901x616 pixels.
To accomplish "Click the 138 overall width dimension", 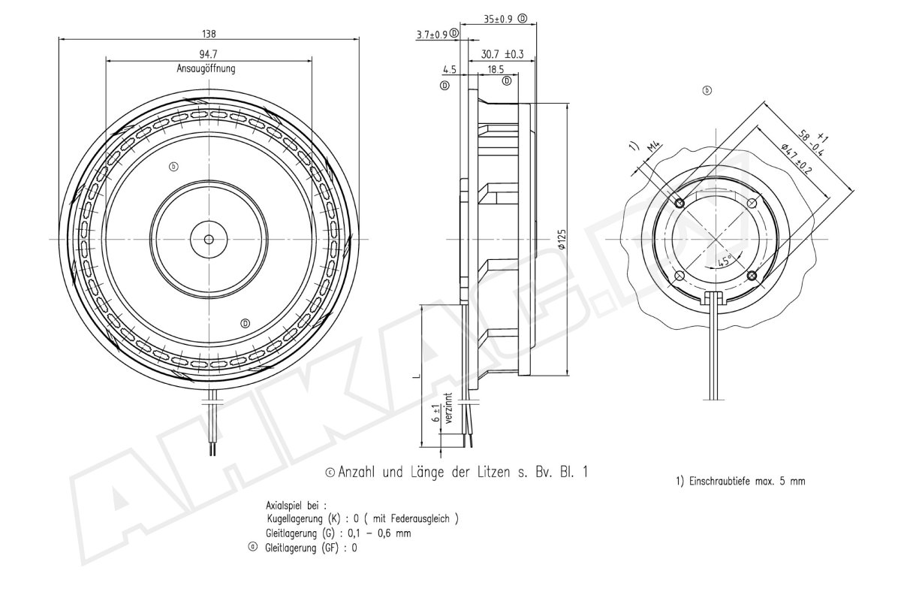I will click(x=209, y=34).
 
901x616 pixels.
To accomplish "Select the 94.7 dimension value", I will click(x=209, y=55).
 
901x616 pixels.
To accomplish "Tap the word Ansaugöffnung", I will click(x=206, y=68).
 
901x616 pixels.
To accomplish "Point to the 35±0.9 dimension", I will click(x=494, y=19).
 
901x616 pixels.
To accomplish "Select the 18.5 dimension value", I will click(x=496, y=69).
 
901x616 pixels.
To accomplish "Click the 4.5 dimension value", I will click(x=449, y=69).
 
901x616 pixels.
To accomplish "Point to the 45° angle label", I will click(x=725, y=261).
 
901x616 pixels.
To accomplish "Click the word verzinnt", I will click(x=448, y=409).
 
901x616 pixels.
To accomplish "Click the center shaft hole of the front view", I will click(x=209, y=240).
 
